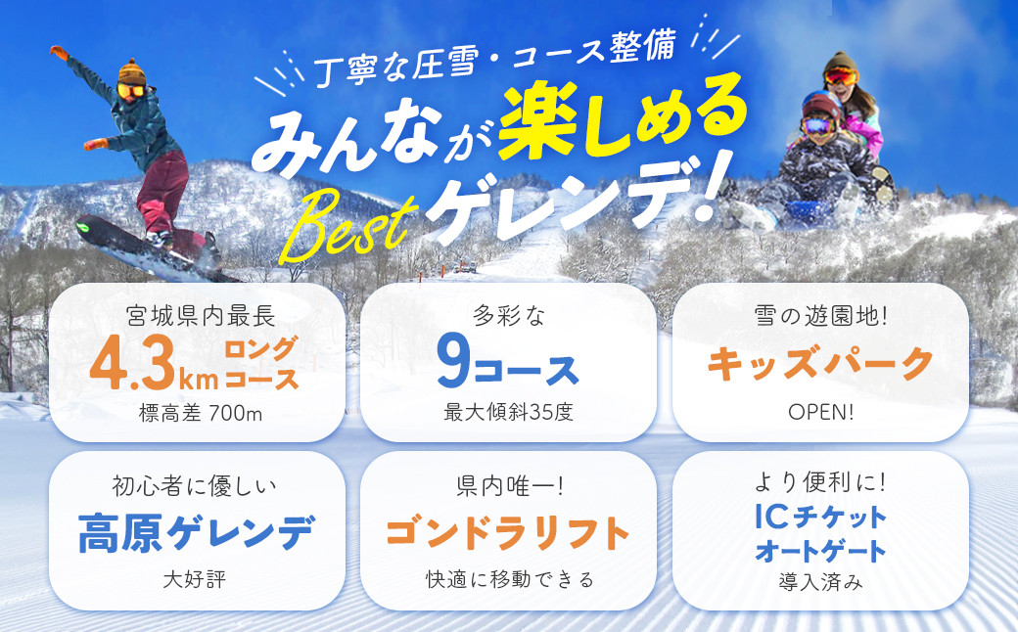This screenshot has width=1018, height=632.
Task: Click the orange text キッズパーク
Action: tap(820, 363)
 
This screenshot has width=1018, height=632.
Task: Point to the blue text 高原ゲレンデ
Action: tap(197, 533)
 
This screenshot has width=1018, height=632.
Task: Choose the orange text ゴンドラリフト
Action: tap(508, 533)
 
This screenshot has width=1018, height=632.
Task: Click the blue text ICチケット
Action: tap(820, 518)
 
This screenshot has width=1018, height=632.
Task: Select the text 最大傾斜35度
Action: tap(508, 412)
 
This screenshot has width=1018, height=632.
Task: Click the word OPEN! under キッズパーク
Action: tap(820, 412)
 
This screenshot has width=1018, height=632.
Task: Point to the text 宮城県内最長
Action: tap(201, 316)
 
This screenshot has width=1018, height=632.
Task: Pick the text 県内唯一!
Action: tap(510, 485)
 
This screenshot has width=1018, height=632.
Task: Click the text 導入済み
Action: tap(820, 581)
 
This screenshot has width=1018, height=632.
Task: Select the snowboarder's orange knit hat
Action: tap(132, 72)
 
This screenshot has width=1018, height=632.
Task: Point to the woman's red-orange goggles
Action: tap(841, 76)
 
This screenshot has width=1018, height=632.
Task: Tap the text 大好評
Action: tap(195, 579)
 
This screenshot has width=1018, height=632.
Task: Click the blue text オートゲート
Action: tap(820, 552)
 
